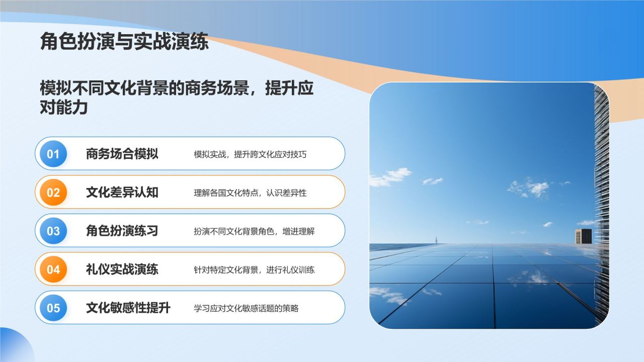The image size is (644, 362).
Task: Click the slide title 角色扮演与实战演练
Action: pyautogui.click(x=124, y=41)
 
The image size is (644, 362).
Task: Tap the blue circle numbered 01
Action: pyautogui.click(x=53, y=154)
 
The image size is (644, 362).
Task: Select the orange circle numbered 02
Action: pyautogui.click(x=53, y=192)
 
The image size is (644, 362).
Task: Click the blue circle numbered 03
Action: pyautogui.click(x=53, y=231)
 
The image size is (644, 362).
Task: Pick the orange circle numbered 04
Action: pyautogui.click(x=53, y=269)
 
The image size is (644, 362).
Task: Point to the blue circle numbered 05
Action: pyautogui.click(x=53, y=308)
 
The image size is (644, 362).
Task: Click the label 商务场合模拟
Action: pyautogui.click(x=122, y=154)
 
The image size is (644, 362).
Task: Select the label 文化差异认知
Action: pyautogui.click(x=122, y=192)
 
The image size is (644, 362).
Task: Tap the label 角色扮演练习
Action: pyautogui.click(x=122, y=231)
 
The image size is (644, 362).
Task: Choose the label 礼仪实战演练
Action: pyautogui.click(x=122, y=269)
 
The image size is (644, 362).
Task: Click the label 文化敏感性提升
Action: pyautogui.click(x=128, y=308)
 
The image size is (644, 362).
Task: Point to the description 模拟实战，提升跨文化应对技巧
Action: pyautogui.click(x=250, y=154)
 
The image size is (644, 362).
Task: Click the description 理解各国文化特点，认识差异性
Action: pyautogui.click(x=250, y=193)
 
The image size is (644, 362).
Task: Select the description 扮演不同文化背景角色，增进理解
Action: pyautogui.click(x=254, y=231)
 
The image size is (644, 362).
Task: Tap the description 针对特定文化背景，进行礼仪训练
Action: pyautogui.click(x=254, y=270)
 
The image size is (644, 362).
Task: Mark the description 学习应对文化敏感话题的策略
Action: pyautogui.click(x=246, y=308)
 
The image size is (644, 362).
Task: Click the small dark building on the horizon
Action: pyautogui.click(x=583, y=236)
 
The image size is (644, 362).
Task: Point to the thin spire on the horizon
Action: pyautogui.click(x=436, y=240)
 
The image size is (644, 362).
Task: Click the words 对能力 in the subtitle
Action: pyautogui.click(x=64, y=108)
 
